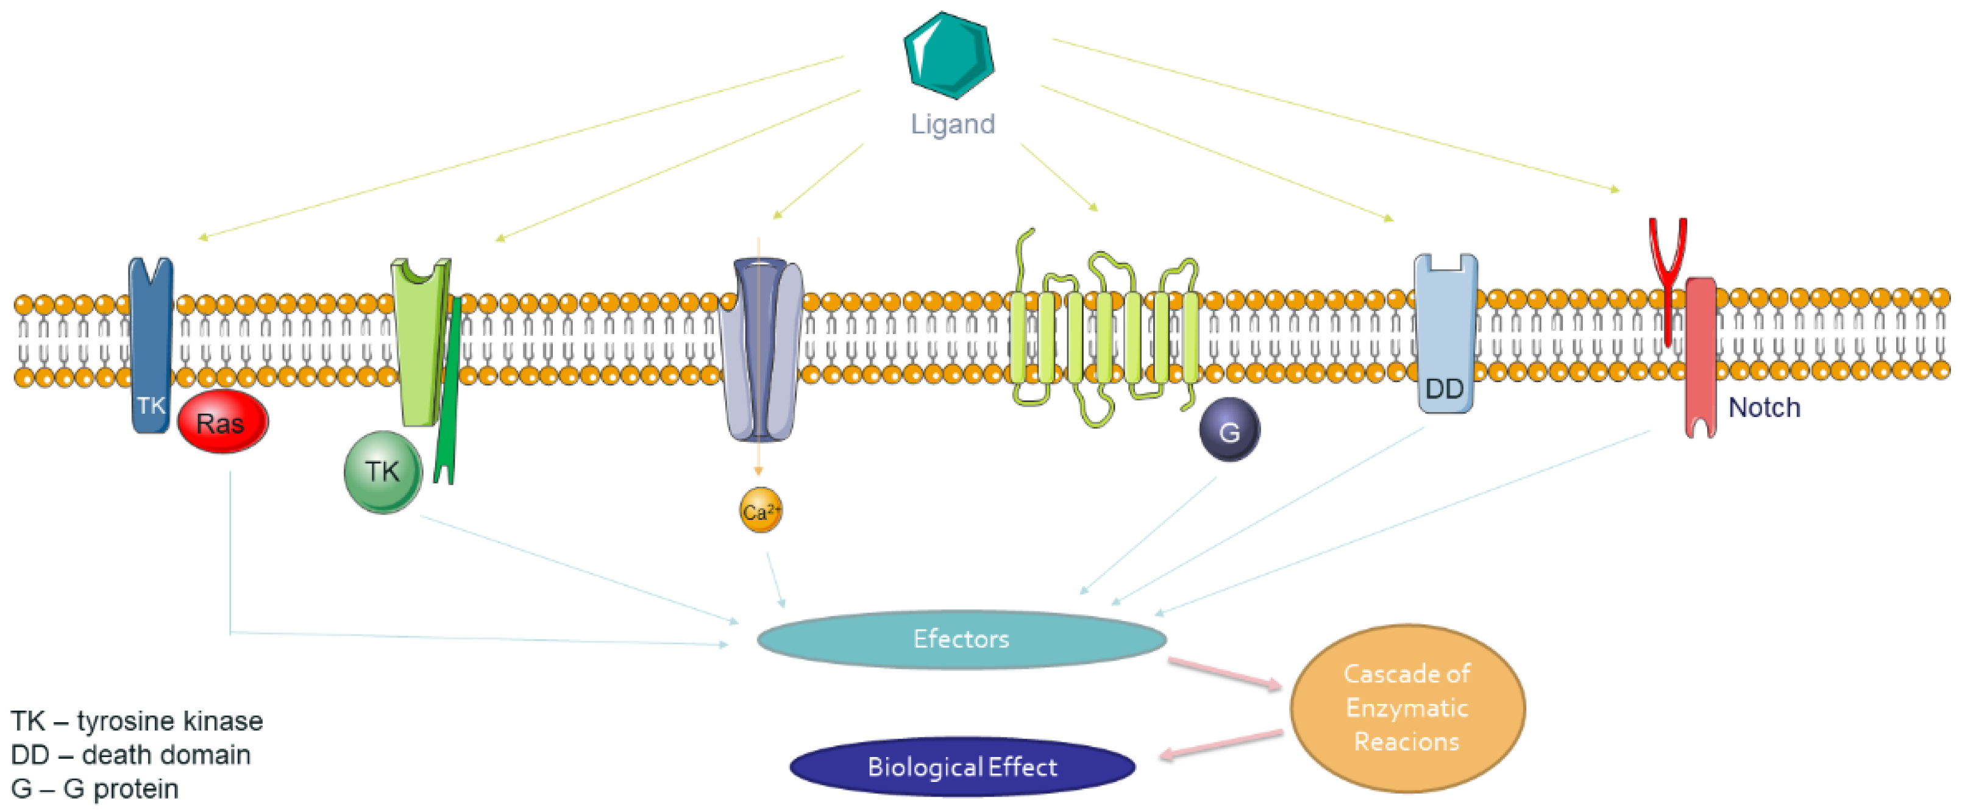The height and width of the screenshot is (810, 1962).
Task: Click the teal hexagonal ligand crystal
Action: click(x=949, y=55)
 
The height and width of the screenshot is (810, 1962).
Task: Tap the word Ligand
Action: click(x=953, y=124)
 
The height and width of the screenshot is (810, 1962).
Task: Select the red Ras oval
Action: click(x=222, y=422)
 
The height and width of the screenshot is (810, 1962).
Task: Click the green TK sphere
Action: click(x=382, y=472)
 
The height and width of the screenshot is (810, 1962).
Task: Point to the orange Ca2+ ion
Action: click(x=760, y=511)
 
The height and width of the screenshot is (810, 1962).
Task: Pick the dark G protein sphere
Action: click(x=1229, y=430)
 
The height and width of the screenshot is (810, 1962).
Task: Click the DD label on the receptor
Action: click(x=1444, y=389)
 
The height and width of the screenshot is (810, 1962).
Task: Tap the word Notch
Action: click(x=1764, y=407)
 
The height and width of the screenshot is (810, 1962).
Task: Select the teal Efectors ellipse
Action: click(x=961, y=639)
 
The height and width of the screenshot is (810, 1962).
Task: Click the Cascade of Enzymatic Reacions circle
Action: click(x=1407, y=708)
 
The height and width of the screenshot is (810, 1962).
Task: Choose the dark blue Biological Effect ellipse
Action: click(x=962, y=767)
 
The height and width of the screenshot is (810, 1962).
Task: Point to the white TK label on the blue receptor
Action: click(x=151, y=405)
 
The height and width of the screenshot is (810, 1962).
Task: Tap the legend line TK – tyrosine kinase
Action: click(x=137, y=721)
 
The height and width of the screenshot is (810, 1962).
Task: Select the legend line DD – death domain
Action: click(x=131, y=755)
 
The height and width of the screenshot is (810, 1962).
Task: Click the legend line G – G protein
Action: click(x=95, y=789)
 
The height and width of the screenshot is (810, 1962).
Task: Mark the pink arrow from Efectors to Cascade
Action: click(x=1224, y=673)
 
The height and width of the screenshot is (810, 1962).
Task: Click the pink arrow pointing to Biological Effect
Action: click(x=1220, y=745)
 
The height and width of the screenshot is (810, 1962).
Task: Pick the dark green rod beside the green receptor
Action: click(x=449, y=388)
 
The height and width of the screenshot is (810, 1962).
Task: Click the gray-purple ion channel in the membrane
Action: click(x=761, y=350)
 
